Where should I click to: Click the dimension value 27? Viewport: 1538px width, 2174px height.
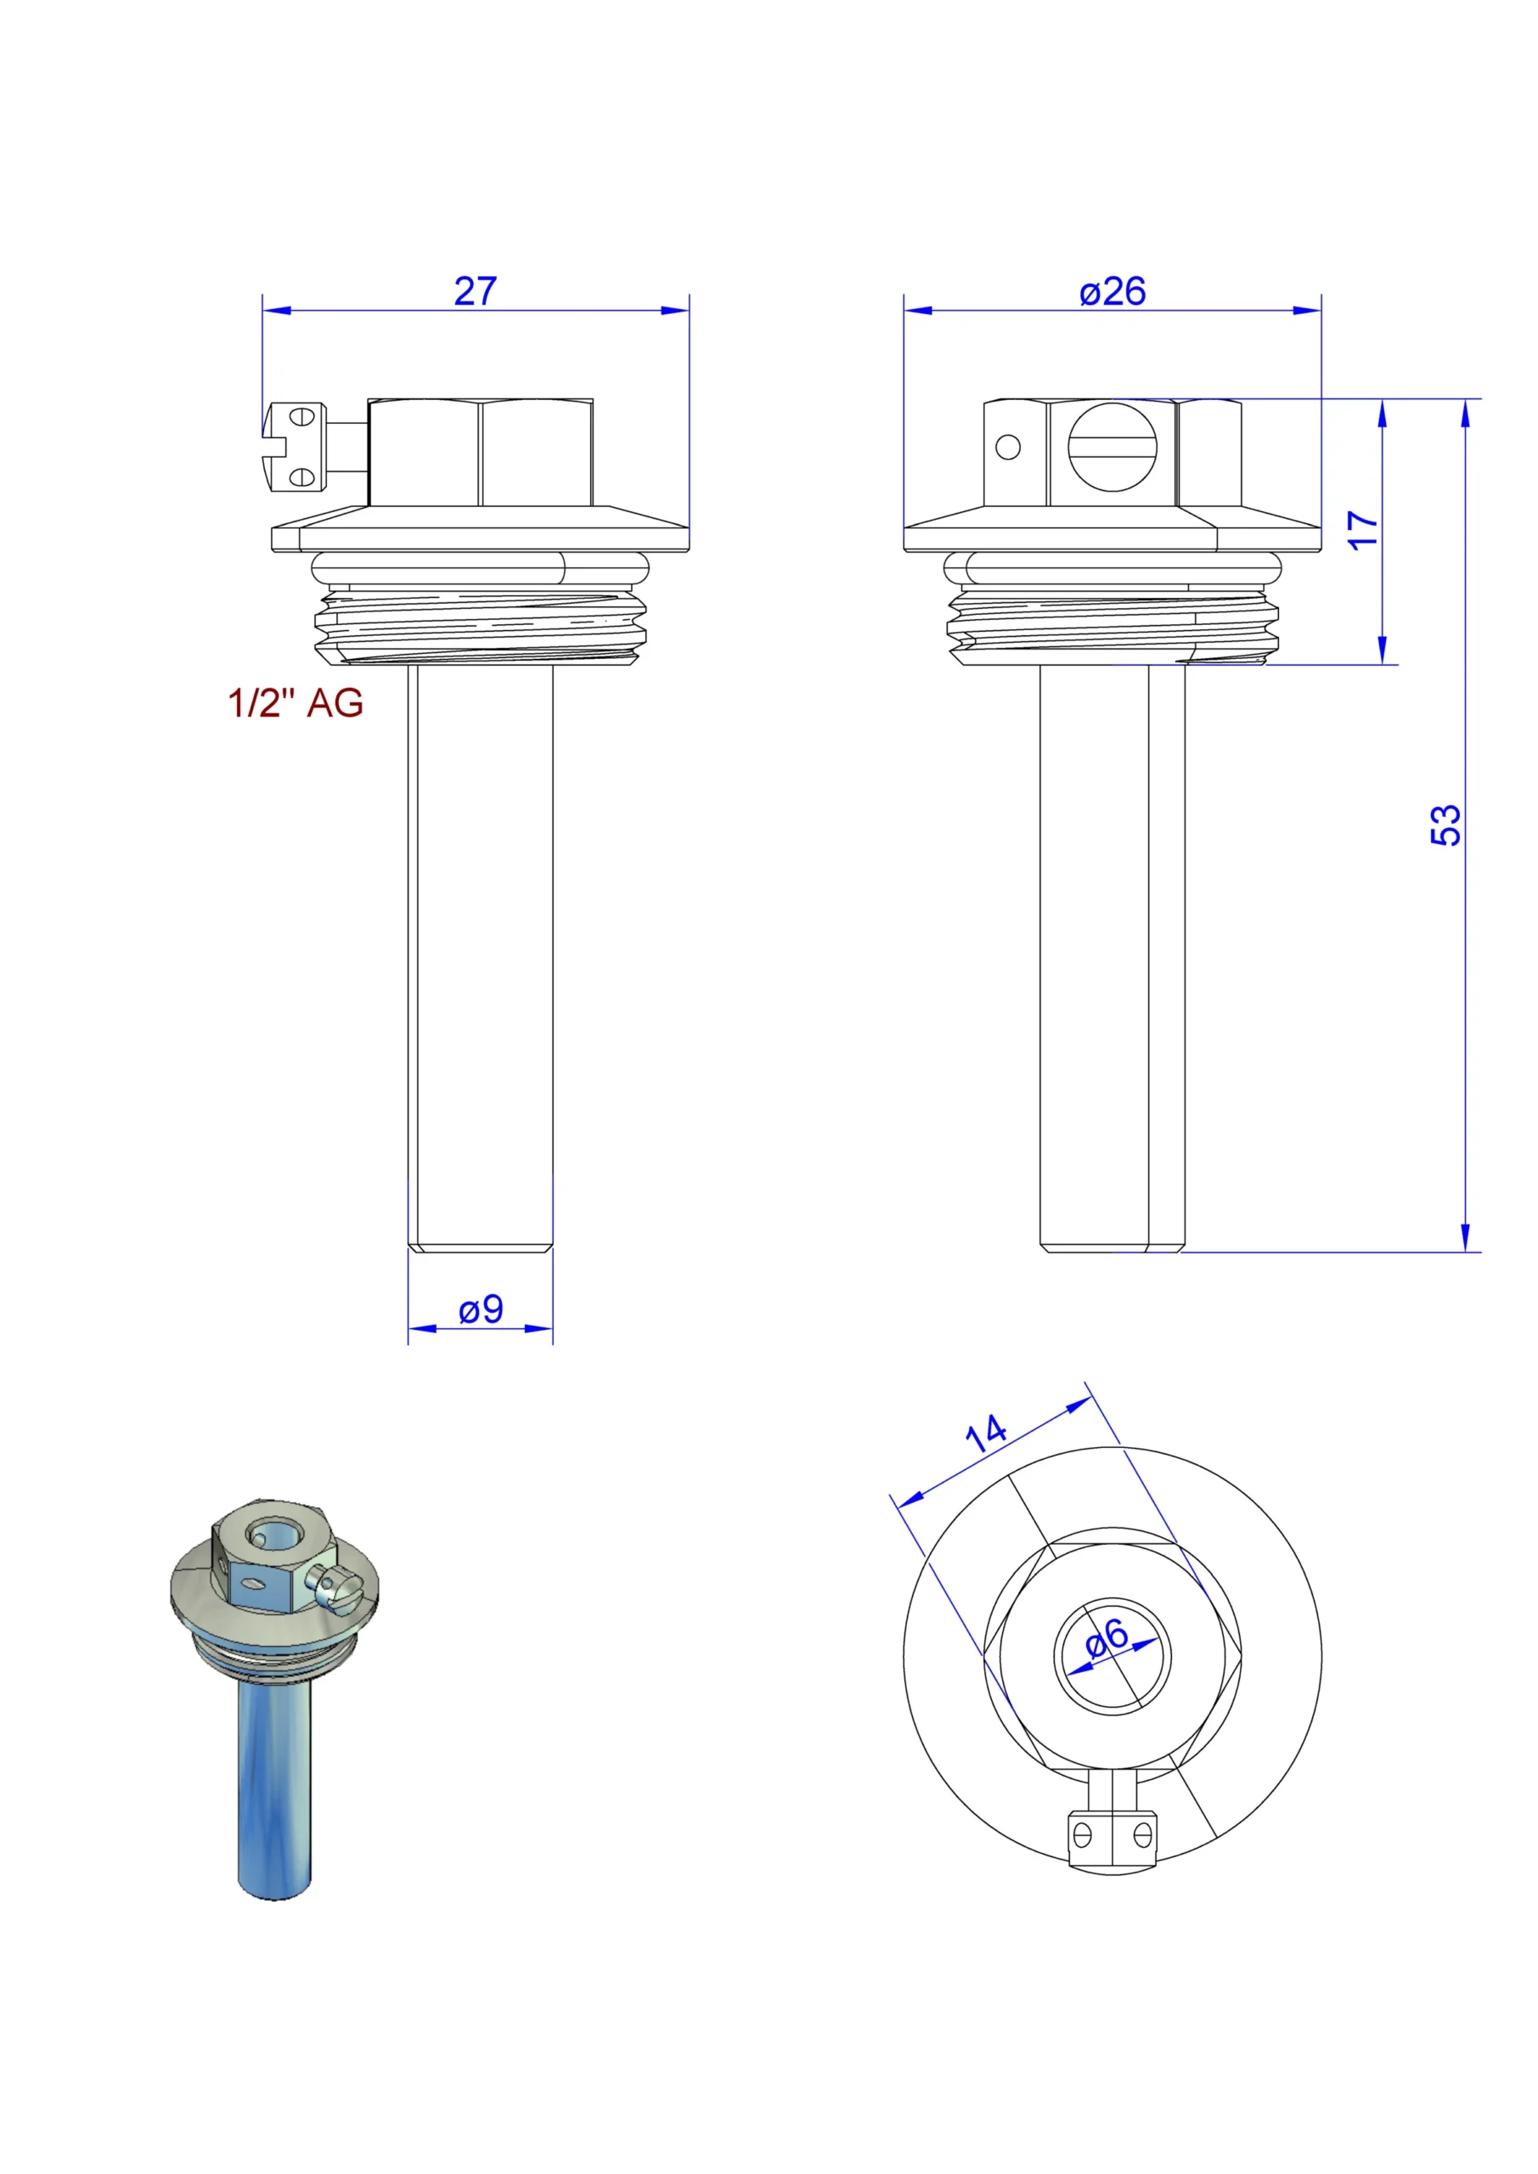(475, 290)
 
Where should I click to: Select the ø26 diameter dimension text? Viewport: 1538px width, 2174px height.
(1112, 290)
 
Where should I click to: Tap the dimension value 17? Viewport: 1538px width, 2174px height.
(1363, 529)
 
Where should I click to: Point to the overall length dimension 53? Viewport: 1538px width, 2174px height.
(1445, 825)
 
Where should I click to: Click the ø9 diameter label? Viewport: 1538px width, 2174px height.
(480, 1309)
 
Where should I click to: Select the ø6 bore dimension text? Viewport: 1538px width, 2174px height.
(1107, 1637)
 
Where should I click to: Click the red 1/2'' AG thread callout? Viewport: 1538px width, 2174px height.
(296, 703)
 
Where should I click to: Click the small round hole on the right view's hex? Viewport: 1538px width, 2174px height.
(1009, 447)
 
